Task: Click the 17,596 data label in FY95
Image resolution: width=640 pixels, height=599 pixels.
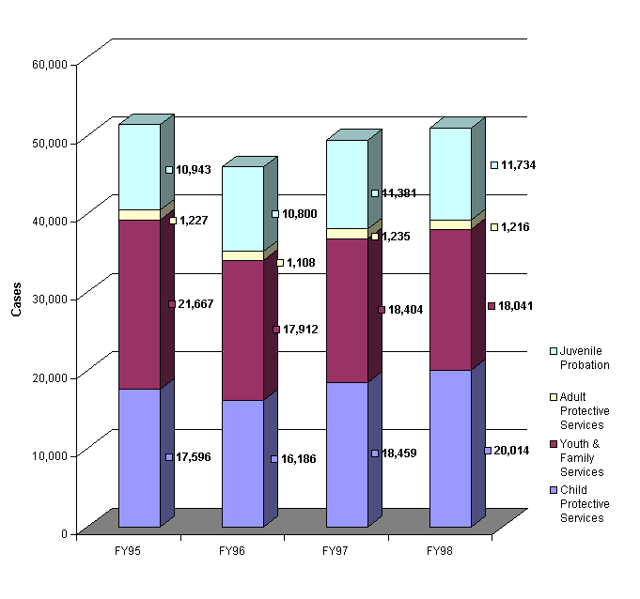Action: click(x=192, y=457)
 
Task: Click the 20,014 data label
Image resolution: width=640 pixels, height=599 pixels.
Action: click(x=510, y=451)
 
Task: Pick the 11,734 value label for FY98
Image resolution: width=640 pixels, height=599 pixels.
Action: click(x=517, y=165)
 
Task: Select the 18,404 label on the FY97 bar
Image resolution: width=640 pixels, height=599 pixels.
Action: click(x=401, y=309)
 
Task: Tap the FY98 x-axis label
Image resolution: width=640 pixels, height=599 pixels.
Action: click(x=438, y=549)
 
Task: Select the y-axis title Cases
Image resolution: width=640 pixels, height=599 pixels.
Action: click(x=16, y=299)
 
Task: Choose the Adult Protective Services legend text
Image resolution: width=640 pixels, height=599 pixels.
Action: click(x=585, y=411)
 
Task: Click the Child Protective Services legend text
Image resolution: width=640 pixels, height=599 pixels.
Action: click(x=585, y=504)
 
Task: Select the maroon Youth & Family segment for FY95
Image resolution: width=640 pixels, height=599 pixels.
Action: click(x=139, y=304)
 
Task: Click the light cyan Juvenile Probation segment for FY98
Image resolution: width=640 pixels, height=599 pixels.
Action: click(x=450, y=174)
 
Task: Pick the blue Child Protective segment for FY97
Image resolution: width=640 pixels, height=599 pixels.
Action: click(x=347, y=454)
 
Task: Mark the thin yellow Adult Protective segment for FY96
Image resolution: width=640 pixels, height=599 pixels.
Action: click(x=242, y=255)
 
